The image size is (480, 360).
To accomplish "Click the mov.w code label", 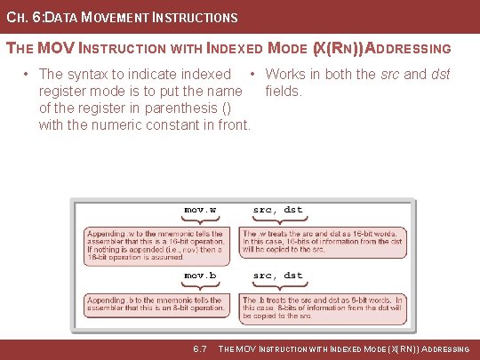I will pyautogui.click(x=200, y=210).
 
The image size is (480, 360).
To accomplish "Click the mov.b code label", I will pyautogui.click(x=200, y=276).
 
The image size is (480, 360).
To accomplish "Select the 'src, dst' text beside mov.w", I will pyautogui.click(x=277, y=210).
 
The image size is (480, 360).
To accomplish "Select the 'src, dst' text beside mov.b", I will pyautogui.click(x=277, y=276).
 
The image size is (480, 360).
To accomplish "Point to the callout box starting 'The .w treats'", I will pyautogui.click(x=323, y=241).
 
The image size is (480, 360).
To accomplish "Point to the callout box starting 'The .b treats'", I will pyautogui.click(x=323, y=308).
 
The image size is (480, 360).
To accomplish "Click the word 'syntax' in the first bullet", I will pyautogui.click(x=91, y=74).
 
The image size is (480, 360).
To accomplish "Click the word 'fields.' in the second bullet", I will pyautogui.click(x=284, y=91).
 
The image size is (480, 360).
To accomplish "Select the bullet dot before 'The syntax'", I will pyautogui.click(x=29, y=74).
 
